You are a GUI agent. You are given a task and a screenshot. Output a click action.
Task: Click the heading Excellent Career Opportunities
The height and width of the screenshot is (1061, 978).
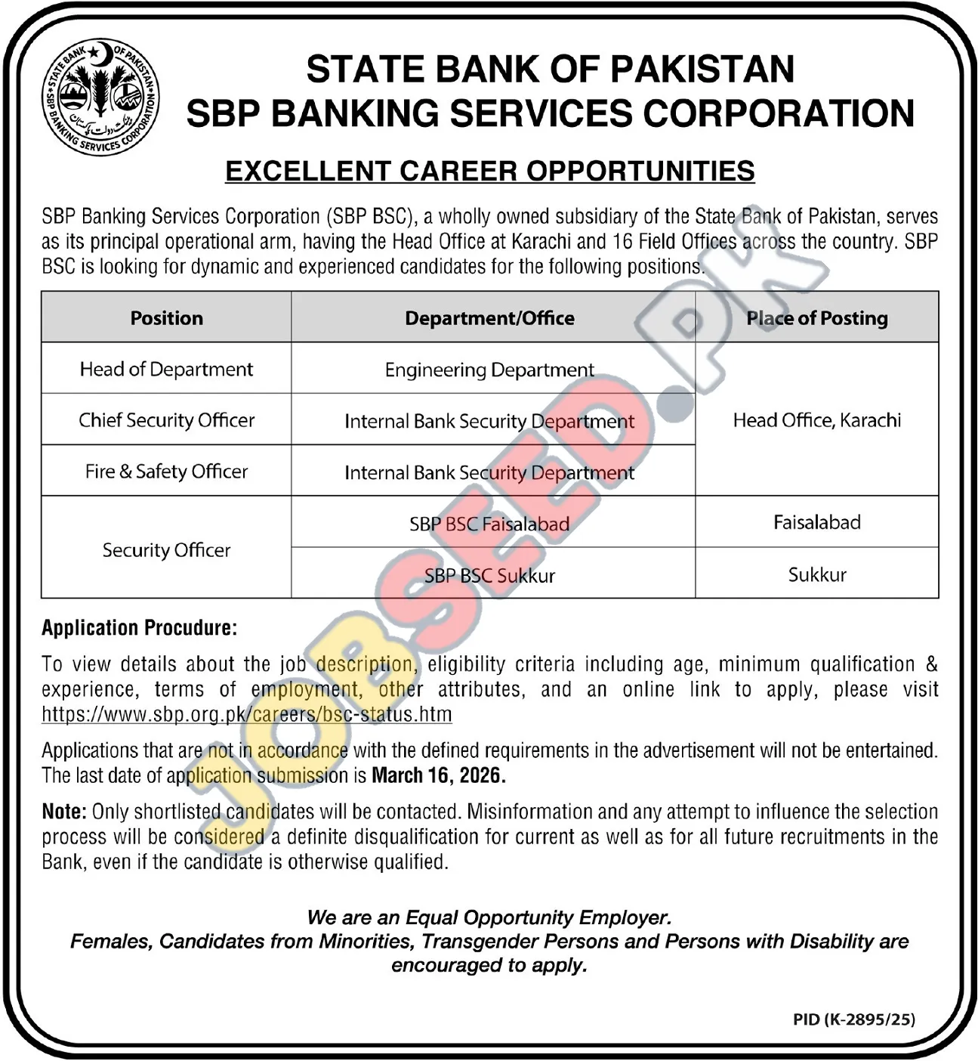tap(489, 172)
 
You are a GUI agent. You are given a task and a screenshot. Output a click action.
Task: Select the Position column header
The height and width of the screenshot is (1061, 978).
tap(166, 318)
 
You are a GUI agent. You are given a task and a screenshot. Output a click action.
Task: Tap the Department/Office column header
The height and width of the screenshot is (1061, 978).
tap(489, 318)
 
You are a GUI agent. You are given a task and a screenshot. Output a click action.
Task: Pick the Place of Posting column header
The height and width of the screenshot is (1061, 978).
tap(816, 318)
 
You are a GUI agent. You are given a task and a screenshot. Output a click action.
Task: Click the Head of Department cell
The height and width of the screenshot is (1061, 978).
tap(166, 370)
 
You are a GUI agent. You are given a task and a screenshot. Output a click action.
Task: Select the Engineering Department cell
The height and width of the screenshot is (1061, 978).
tap(489, 370)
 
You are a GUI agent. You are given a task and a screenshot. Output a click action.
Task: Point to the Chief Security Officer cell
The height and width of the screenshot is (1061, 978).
tap(166, 420)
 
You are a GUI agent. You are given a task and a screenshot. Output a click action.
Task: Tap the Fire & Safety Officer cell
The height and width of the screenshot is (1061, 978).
tap(166, 472)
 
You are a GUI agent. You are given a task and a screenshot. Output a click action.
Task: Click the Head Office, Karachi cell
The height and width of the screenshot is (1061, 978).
tap(816, 420)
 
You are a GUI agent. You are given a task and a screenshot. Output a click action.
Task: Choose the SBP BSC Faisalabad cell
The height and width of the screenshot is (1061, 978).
tap(489, 524)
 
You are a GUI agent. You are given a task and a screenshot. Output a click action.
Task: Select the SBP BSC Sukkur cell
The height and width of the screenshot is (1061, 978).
tap(489, 575)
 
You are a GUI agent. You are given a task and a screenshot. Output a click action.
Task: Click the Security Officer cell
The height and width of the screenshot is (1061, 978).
tap(166, 550)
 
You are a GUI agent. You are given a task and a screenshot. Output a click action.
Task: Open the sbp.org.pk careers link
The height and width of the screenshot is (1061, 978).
tap(247, 714)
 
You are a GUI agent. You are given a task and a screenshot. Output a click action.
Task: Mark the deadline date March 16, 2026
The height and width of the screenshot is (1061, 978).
tap(439, 775)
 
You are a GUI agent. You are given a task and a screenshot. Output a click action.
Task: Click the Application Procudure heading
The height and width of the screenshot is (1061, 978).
tap(139, 628)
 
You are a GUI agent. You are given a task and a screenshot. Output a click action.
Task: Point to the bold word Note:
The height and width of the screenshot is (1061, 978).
tap(64, 812)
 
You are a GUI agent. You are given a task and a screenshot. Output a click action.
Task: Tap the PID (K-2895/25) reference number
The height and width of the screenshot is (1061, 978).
tap(853, 1019)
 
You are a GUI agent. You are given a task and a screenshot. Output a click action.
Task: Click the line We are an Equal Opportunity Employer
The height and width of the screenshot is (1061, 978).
tap(489, 917)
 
